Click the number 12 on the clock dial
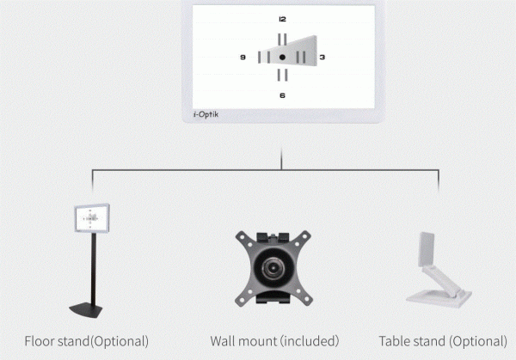coord(282,19)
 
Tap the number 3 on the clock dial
coord(322,58)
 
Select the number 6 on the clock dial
coord(282,95)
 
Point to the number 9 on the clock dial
coord(243,58)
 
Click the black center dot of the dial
coord(282,58)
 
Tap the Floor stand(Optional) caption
coord(86,341)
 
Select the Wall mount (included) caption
coord(274,341)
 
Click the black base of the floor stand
coord(89,306)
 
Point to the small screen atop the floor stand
coord(90,218)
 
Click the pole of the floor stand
coord(89,266)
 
